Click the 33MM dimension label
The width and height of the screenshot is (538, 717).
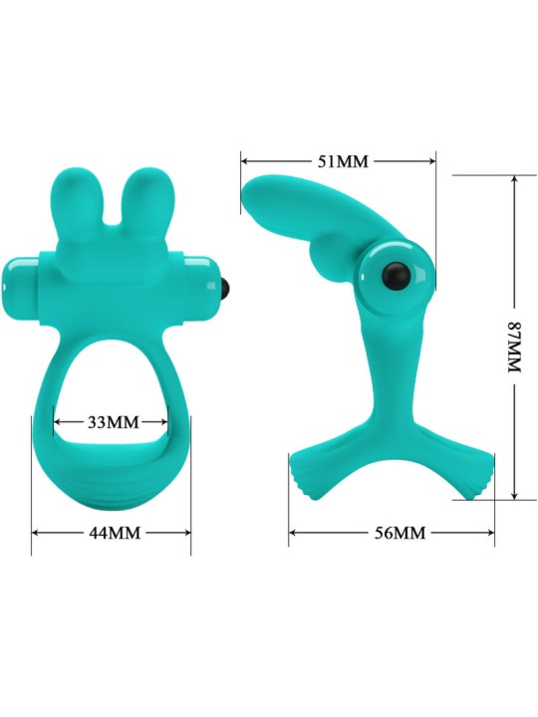tap(113, 421)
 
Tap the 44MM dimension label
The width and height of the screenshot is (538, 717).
tap(115, 532)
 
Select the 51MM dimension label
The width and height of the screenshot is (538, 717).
tap(343, 161)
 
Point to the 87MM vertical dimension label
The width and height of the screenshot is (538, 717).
tap(515, 347)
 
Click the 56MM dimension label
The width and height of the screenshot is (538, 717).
tap(400, 532)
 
